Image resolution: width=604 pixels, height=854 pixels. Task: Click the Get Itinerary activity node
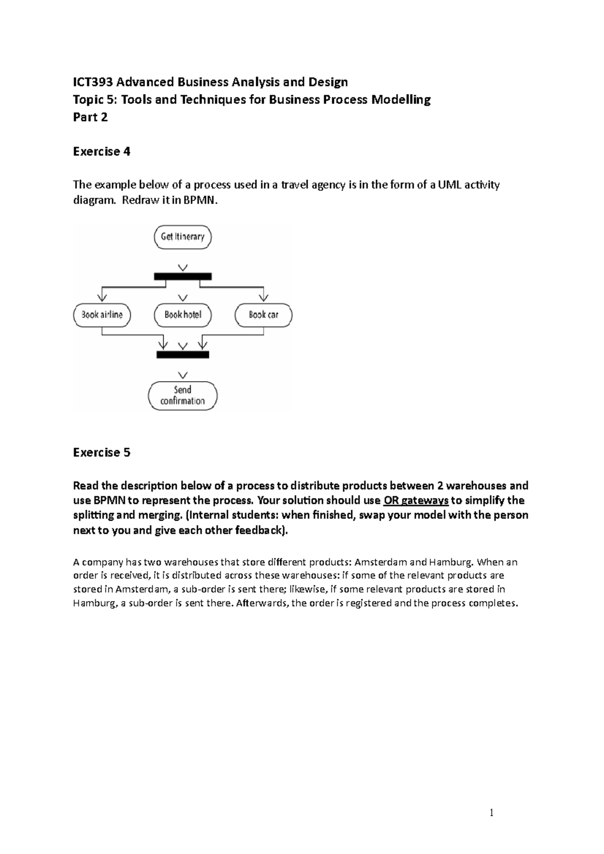click(183, 237)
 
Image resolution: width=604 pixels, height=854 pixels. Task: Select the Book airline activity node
click(102, 315)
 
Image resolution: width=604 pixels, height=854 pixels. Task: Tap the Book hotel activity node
click(183, 315)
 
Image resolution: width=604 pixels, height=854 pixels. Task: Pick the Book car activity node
click(263, 315)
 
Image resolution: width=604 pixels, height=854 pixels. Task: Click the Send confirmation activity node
click(183, 395)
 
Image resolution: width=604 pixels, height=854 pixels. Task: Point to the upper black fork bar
click(183, 276)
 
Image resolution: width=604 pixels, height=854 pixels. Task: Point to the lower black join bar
click(183, 355)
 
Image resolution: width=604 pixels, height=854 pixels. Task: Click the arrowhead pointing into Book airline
click(102, 297)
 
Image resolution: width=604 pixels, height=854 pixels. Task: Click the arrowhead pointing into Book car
click(263, 297)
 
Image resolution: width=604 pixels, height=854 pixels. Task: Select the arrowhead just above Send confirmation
click(183, 375)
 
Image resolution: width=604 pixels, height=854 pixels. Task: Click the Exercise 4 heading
click(102, 151)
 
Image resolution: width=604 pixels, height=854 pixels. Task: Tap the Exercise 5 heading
click(102, 452)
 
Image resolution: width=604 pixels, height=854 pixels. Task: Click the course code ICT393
click(93, 82)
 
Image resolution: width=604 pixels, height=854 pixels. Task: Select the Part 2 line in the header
click(91, 117)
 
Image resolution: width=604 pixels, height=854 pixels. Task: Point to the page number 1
click(491, 813)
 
